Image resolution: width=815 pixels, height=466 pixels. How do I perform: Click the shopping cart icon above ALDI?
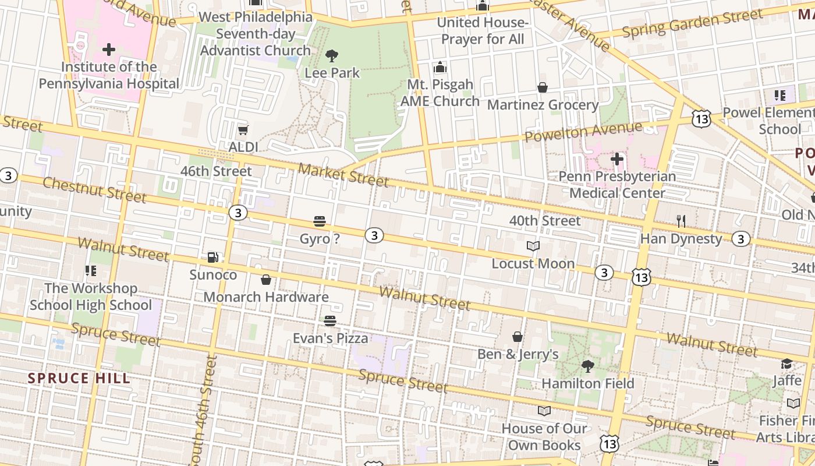(243, 129)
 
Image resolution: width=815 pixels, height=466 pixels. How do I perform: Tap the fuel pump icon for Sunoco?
(213, 257)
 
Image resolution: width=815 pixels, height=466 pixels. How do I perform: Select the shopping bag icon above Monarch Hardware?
(266, 280)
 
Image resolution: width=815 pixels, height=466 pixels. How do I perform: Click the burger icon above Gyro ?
(319, 221)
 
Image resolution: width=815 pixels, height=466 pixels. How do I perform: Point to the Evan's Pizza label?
(330, 338)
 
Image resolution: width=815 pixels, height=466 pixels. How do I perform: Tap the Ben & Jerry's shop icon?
(517, 337)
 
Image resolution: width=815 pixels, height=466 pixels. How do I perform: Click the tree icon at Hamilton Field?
(588, 366)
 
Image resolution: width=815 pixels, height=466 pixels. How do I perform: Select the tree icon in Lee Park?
(332, 56)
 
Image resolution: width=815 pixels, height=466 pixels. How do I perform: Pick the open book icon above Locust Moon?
(533, 246)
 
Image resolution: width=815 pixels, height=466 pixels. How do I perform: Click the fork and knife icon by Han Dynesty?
(681, 221)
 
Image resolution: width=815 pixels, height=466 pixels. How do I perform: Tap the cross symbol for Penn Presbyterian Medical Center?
(617, 158)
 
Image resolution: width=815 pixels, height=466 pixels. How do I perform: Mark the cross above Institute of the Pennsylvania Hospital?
(109, 50)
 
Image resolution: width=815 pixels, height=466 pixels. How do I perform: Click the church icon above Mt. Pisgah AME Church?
(440, 67)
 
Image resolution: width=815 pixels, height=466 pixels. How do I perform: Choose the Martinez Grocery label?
(543, 105)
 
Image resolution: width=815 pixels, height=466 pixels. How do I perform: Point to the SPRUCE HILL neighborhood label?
(79, 378)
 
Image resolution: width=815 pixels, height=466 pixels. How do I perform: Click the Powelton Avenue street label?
(583, 132)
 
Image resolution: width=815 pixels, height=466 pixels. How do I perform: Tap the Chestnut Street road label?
(94, 190)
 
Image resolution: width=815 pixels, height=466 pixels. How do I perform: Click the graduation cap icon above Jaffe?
(787, 364)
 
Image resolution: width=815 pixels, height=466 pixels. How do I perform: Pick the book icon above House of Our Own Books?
(544, 411)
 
